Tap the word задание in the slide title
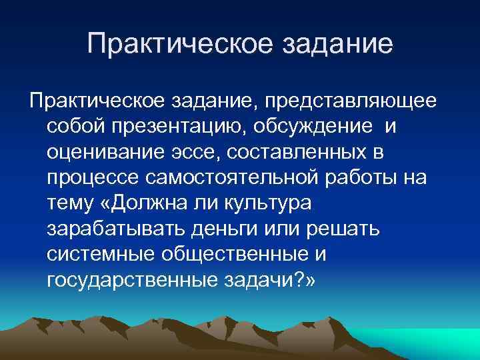click(337, 45)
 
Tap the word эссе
click(196, 153)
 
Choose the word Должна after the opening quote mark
click(157, 203)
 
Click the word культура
click(275, 204)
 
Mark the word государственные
click(129, 280)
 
